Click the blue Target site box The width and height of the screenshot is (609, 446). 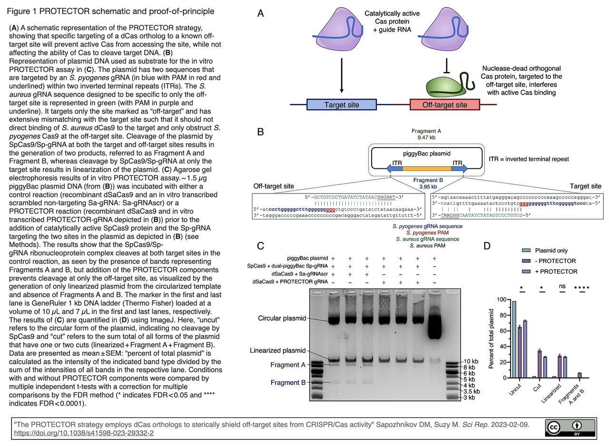pyautogui.click(x=342, y=105)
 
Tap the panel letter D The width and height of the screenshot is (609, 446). pyautogui.click(x=487, y=246)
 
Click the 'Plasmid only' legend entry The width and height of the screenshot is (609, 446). pyautogui.click(x=551, y=251)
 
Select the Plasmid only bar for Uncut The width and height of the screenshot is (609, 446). pyautogui.click(x=514, y=339)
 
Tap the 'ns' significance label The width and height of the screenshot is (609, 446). pyautogui.click(x=562, y=287)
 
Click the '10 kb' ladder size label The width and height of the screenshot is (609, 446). pyautogui.click(x=471, y=361)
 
